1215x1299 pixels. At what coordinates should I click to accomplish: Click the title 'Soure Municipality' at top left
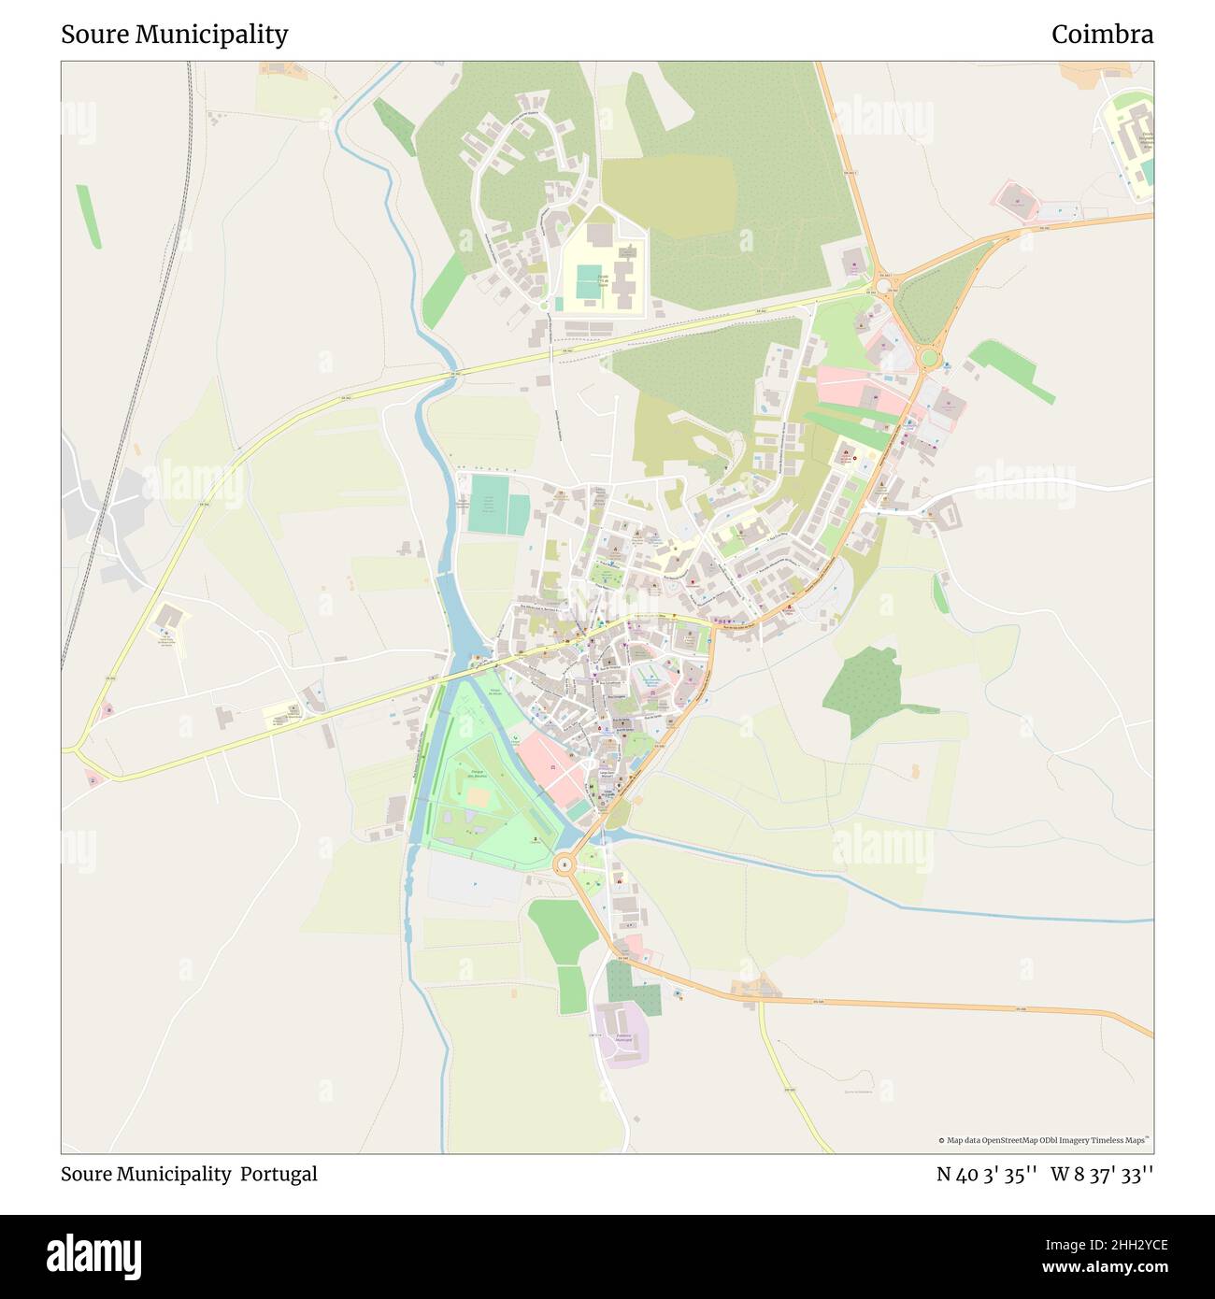(x=175, y=35)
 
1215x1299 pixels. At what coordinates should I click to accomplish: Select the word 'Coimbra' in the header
(x=1102, y=35)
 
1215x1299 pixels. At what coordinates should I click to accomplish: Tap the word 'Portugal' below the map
(x=279, y=1174)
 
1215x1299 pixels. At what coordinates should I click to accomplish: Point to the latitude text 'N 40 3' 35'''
(x=987, y=1174)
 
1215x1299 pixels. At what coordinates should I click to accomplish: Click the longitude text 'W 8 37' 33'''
(x=1102, y=1174)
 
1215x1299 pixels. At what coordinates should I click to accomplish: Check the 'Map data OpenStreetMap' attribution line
(x=1044, y=1140)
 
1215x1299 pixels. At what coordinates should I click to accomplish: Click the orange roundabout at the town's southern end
(x=564, y=865)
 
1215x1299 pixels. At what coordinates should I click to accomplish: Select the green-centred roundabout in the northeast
(x=928, y=358)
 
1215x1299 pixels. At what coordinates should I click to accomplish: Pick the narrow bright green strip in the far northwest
(x=89, y=217)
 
